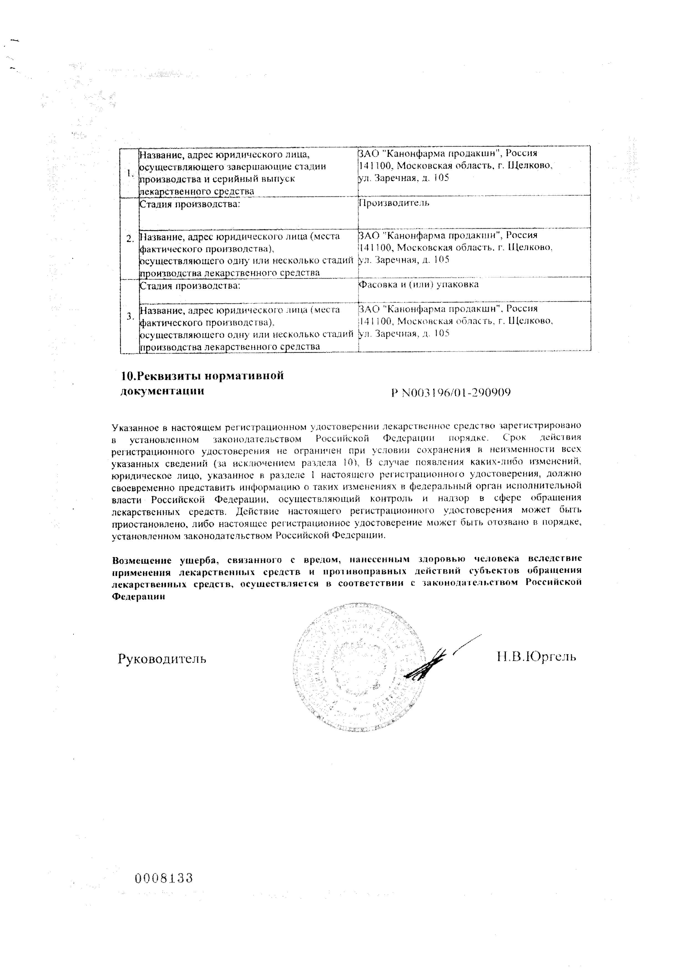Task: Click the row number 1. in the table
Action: [x=130, y=173]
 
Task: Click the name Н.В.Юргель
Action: [x=536, y=657]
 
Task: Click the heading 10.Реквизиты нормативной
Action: [x=202, y=376]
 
